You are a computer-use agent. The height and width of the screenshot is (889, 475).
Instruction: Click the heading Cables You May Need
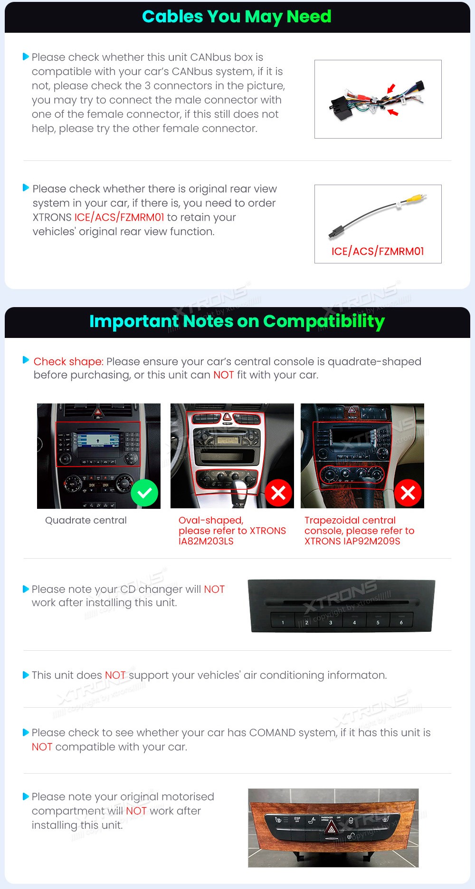pos(237,17)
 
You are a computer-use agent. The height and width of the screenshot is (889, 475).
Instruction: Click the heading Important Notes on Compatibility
pos(237,322)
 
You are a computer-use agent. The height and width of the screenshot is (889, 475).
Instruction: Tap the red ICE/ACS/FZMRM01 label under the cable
pos(378,251)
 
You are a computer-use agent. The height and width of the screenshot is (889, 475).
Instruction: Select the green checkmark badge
pos(144,493)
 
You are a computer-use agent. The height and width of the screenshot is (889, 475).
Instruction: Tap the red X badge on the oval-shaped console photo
pos(278,493)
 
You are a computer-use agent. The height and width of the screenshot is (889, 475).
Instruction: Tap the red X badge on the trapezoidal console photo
pos(408,493)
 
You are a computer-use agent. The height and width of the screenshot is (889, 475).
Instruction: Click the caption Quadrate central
pos(86,520)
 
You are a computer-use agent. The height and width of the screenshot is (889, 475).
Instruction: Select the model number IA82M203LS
pos(206,541)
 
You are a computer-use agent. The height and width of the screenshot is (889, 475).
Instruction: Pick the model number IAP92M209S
pos(372,541)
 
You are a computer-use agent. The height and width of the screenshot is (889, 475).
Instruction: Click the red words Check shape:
pos(68,362)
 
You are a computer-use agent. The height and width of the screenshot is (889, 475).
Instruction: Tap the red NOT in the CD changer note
pos(214,589)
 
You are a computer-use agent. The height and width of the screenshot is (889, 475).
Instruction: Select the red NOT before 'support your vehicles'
pos(115,675)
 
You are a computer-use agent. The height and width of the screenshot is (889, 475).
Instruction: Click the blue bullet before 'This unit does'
pos(26,675)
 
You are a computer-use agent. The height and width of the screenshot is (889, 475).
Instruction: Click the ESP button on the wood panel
pos(297,820)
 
